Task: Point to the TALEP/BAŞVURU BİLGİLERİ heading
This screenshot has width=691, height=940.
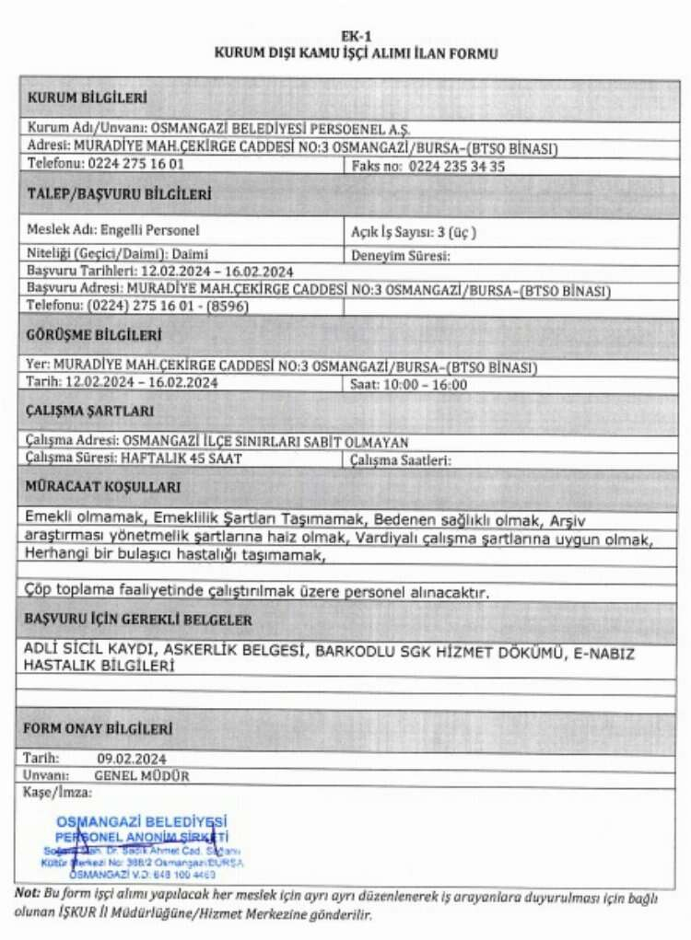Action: click(x=119, y=195)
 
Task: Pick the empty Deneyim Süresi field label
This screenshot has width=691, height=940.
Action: click(x=401, y=256)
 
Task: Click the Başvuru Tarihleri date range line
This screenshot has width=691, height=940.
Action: click(x=160, y=272)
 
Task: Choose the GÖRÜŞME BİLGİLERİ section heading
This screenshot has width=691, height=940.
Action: click(x=95, y=335)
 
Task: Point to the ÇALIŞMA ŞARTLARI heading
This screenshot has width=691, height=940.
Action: click(x=90, y=412)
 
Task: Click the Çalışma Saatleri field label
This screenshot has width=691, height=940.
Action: click(x=401, y=460)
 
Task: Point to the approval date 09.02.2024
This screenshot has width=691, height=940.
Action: click(x=131, y=759)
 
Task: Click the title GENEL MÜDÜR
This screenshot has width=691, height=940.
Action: click(x=141, y=775)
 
